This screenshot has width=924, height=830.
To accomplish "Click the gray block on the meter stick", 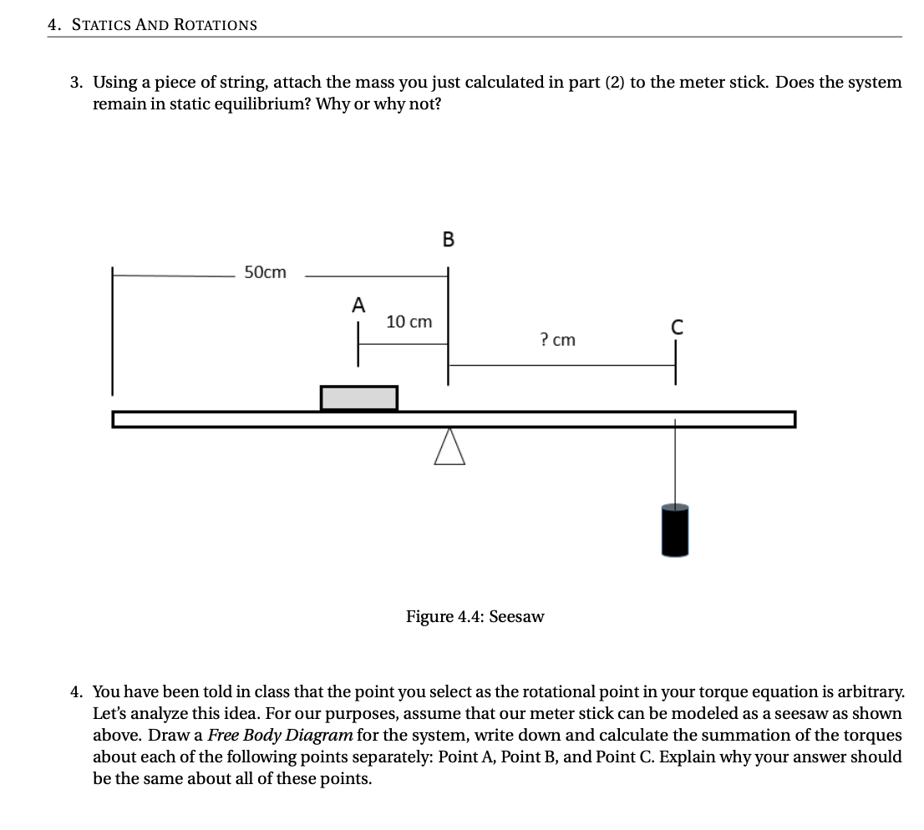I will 358,398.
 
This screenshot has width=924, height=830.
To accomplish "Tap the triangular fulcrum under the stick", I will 449,447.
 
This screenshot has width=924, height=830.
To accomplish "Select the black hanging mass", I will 675,529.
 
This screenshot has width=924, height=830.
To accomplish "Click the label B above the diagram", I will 448,240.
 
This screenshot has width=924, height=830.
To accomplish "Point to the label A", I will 358,306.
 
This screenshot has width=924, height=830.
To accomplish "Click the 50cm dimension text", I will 265,272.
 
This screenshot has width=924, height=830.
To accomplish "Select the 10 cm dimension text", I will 409,321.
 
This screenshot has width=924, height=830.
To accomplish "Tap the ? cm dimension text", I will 557,340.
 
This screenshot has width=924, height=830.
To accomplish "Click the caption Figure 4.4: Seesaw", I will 475,616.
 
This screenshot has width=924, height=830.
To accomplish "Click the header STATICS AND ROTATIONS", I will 164,25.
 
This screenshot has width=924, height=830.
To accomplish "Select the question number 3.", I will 77,83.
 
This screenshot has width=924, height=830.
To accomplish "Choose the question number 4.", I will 77,692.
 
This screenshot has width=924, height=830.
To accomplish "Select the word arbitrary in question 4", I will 867,692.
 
